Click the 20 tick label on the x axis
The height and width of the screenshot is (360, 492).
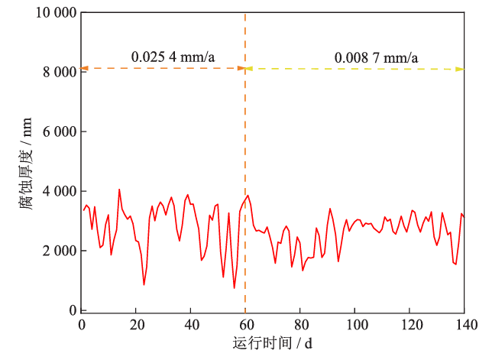click(137, 324)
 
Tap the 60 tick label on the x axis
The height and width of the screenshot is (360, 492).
click(246, 324)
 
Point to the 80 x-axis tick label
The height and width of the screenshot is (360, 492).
click(300, 324)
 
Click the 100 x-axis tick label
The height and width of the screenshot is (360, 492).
click(355, 324)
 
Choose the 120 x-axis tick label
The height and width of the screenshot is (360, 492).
click(409, 324)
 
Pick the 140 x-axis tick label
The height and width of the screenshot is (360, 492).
click(464, 324)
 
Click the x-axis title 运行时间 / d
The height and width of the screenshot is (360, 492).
click(273, 343)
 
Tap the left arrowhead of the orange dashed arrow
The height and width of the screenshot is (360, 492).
click(85, 69)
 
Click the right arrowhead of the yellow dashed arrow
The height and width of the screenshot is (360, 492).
click(461, 69)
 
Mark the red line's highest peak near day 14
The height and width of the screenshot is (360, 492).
click(119, 190)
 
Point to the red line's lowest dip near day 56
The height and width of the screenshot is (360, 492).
click(235, 288)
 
